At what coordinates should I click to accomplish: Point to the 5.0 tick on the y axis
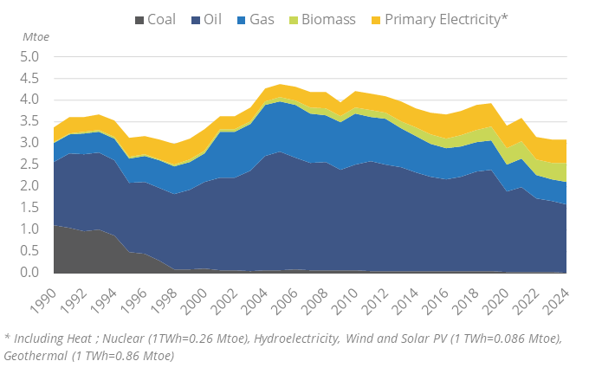coord(29,57)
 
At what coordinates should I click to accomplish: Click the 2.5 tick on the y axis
coord(29,164)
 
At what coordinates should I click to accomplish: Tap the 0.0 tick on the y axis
coord(29,273)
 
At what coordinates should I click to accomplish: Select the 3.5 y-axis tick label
coord(29,121)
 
